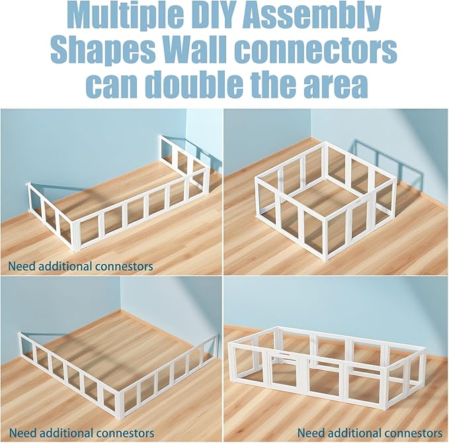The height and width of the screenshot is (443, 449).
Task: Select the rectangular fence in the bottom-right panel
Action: [329, 365]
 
